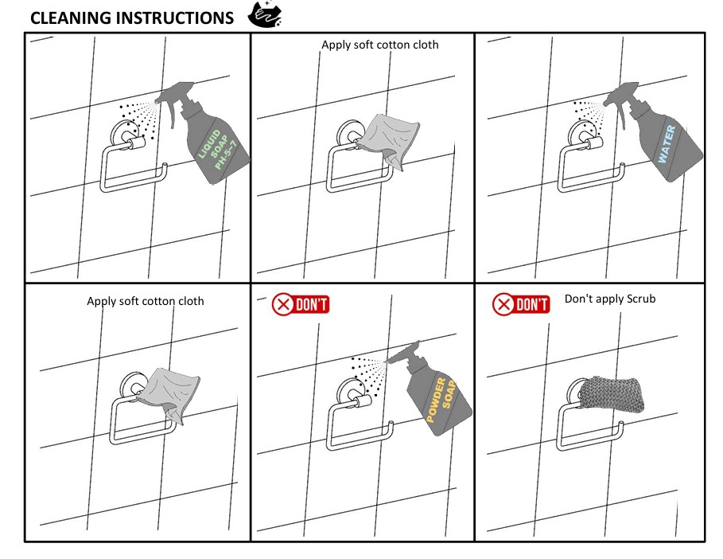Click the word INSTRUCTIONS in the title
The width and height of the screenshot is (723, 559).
pos(175,18)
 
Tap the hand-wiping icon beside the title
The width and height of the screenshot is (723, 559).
pos(265,14)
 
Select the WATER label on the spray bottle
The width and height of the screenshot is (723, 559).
pos(667,144)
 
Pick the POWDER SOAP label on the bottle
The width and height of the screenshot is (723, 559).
pos(441,400)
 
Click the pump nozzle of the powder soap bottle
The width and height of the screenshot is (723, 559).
pos(403,352)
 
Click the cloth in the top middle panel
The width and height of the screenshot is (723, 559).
pos(388,139)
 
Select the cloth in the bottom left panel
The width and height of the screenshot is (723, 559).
pos(169,393)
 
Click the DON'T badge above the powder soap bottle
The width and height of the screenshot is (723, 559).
pos(301,305)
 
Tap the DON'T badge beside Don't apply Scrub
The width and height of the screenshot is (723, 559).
pos(521,305)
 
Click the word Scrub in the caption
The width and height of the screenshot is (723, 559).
pos(640,299)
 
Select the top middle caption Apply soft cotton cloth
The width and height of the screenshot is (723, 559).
pos(380,45)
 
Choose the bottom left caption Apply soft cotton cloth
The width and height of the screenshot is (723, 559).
pos(146,301)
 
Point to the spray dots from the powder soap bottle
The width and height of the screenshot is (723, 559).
pos(367,374)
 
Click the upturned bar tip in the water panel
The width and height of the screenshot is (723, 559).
pos(621,166)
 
